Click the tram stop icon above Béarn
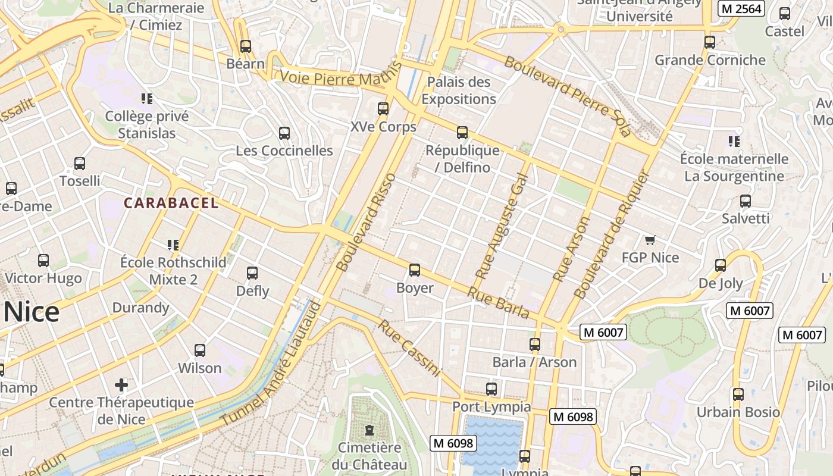click(246, 46)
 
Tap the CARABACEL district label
click(171, 203)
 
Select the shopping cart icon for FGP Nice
click(650, 240)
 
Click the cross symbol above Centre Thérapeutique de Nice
click(121, 384)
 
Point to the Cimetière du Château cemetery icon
click(369, 430)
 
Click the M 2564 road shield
click(740, 8)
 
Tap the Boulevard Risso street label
click(365, 223)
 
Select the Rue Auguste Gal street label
click(502, 226)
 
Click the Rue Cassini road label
click(410, 349)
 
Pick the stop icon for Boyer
click(415, 270)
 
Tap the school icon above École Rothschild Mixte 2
click(173, 245)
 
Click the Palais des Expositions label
click(459, 90)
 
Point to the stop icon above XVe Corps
click(383, 109)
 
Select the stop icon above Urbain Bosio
click(738, 394)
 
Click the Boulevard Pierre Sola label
click(567, 96)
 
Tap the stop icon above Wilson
click(200, 350)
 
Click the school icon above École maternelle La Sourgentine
click(734, 141)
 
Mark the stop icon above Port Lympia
click(491, 389)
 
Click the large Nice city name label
click(31, 312)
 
